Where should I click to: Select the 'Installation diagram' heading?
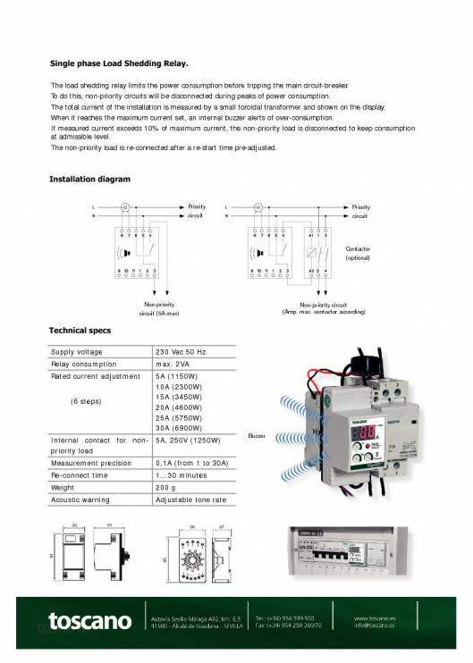click(89, 180)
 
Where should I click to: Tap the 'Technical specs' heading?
click(80, 331)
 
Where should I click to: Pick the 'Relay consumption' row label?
click(84, 365)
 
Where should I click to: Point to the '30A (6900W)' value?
click(182, 428)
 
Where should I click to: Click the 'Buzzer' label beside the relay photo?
click(258, 434)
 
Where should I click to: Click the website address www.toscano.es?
click(376, 616)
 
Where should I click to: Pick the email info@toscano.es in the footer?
click(376, 625)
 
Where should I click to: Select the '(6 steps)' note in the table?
click(87, 401)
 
